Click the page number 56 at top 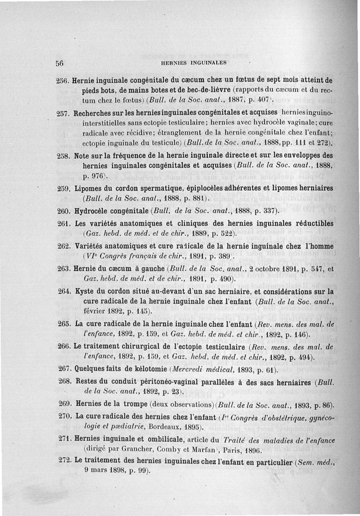pyautogui.click(x=58, y=63)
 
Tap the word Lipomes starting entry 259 pyautogui.click(x=90, y=188)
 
